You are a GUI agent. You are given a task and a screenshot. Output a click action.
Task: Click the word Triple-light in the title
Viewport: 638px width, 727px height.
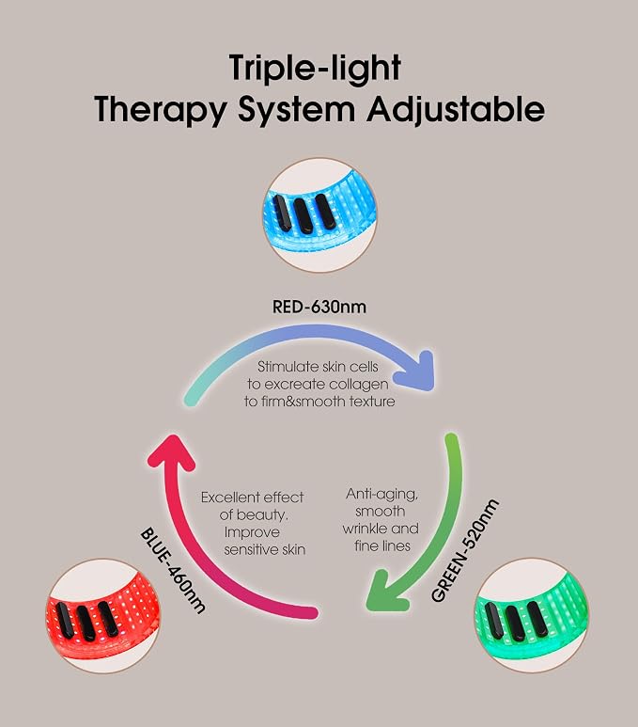[315, 69]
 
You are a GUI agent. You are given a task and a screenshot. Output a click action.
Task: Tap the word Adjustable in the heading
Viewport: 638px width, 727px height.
[456, 110]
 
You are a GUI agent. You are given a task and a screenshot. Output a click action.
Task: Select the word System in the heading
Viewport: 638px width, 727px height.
[297, 111]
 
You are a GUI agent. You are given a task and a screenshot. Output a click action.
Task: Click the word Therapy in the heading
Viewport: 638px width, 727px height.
[161, 111]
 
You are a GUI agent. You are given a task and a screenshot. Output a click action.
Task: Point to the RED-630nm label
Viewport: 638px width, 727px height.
[319, 307]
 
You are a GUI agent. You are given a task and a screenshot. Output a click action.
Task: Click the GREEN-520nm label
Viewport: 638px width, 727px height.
[465, 550]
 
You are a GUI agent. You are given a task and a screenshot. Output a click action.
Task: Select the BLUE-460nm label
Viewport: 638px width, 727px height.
[172, 570]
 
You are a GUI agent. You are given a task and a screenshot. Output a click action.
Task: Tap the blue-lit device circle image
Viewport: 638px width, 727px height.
[319, 214]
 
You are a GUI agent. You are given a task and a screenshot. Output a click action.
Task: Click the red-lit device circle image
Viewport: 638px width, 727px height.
[102, 615]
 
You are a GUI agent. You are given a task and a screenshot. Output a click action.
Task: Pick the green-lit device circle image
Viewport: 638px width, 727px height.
[532, 615]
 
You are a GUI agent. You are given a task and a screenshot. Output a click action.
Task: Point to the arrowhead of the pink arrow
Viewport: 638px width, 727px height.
[172, 452]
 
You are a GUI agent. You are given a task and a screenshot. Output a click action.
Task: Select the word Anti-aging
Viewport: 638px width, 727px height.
[381, 495]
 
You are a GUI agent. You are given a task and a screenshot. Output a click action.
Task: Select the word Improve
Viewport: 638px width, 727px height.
[252, 532]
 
